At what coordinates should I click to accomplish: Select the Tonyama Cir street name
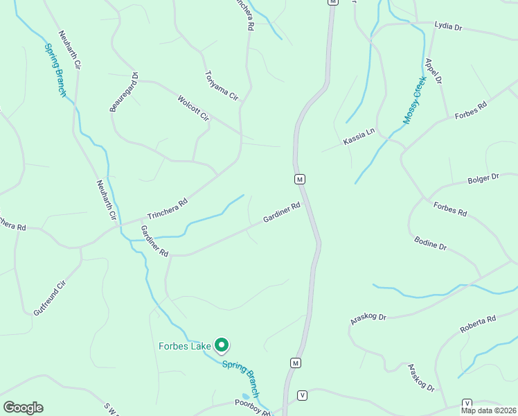coord(221,85)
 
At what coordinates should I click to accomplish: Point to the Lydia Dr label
coord(447,26)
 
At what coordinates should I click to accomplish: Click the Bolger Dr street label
coord(483,178)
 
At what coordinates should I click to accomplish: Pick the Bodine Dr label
coord(430,243)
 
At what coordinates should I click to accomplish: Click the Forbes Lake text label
coord(185,345)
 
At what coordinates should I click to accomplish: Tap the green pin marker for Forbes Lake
coord(222,344)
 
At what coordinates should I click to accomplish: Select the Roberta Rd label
coord(479,324)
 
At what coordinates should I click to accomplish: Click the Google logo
coord(23,408)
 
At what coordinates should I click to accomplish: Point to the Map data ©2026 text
coord(489,410)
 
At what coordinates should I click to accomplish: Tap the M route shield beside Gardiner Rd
coord(299,179)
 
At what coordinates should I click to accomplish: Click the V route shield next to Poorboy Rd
coord(302,395)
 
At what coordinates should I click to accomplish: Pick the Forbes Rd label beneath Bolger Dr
coord(450,208)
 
